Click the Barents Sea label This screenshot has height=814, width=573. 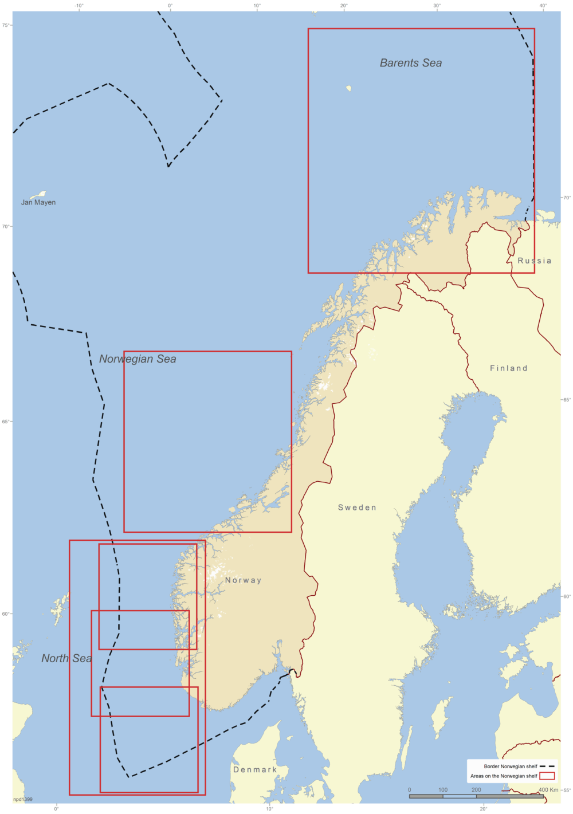click(411, 63)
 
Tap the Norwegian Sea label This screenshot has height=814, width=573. click(138, 359)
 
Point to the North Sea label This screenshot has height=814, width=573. click(66, 659)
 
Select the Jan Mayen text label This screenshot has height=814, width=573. click(38, 202)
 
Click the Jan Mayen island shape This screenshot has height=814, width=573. click(38, 195)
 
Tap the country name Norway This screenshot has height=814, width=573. click(243, 580)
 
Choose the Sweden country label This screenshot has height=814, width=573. click(357, 508)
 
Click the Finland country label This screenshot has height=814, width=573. click(508, 368)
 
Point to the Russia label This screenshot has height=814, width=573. click(535, 261)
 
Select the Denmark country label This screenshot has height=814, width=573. click(255, 770)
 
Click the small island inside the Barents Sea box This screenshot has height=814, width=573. click(348, 89)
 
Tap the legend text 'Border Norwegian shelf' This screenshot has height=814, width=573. click(511, 766)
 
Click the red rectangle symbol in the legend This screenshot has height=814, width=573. click(547, 776)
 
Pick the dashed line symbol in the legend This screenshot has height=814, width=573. click(547, 766)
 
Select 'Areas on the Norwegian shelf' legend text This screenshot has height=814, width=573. click(504, 776)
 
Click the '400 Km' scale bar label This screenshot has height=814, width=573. click(548, 789)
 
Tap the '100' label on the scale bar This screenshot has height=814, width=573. click(443, 789)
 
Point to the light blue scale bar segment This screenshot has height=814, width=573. click(460, 796)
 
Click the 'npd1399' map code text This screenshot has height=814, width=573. click(23, 799)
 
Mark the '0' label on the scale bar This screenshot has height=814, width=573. click(409, 789)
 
